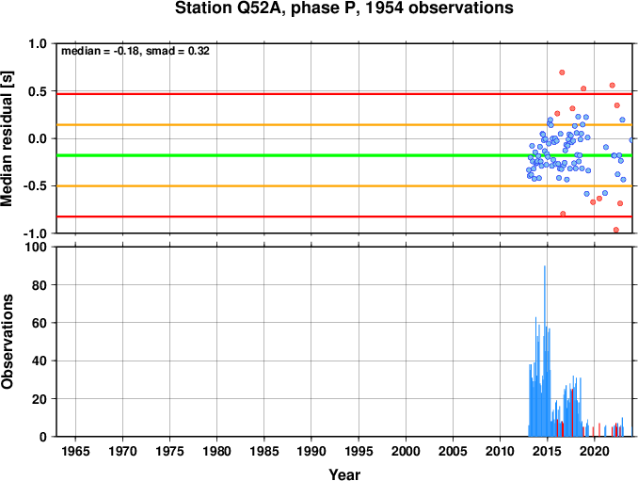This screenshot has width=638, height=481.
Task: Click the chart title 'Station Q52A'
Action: tap(231, 8)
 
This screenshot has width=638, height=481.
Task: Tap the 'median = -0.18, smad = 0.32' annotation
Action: tap(136, 51)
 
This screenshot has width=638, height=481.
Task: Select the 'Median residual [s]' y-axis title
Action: tap(7, 138)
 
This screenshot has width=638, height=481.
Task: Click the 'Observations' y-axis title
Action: tap(7, 342)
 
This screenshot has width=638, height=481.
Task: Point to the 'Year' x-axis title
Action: tap(344, 474)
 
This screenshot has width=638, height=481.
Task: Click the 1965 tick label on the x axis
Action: tap(75, 451)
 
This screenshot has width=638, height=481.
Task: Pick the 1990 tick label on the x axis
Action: tap(311, 451)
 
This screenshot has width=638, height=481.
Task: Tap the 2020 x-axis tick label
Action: tap(595, 451)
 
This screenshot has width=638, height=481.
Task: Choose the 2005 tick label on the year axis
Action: tap(453, 451)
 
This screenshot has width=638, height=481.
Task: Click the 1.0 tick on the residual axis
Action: tap(38, 43)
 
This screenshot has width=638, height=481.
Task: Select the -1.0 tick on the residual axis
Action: tap(35, 233)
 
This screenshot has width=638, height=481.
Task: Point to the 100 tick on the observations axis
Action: tap(36, 247)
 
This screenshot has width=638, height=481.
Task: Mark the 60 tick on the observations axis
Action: tap(40, 323)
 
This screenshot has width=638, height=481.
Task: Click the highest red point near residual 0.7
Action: tap(562, 72)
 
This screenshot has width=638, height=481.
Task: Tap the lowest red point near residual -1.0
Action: tap(616, 230)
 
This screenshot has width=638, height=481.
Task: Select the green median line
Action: tap(344, 155)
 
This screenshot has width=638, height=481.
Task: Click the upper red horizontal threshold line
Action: tap(344, 94)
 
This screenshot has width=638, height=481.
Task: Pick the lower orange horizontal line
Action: tap(344, 186)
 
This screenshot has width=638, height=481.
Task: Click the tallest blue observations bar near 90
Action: tap(545, 351)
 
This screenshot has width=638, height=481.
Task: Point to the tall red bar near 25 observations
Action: tap(572, 412)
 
